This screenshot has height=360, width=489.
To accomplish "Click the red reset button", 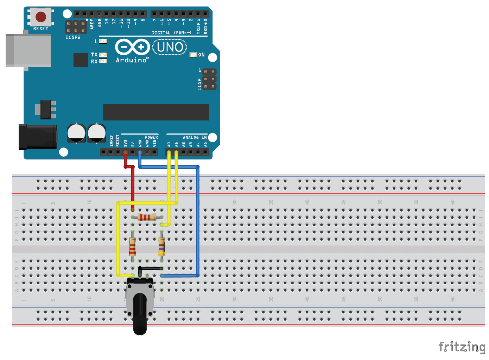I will click(41, 17).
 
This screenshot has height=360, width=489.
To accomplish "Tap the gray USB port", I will click(28, 50).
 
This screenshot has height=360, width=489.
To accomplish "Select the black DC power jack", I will click(38, 136).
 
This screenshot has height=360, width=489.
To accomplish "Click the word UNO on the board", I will click(170, 47).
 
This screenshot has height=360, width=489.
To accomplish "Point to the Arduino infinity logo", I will click(132, 47).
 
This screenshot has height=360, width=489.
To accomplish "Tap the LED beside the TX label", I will click(103, 55).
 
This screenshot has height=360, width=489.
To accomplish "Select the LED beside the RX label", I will click(103, 61).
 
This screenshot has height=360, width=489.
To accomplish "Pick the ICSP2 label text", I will click(73, 37).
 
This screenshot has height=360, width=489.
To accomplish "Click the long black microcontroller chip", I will click(156, 112).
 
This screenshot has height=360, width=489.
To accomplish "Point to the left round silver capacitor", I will click(76, 133).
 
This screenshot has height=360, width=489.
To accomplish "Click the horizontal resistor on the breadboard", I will click(147, 217).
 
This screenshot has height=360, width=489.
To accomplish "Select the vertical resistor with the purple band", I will click(161, 246).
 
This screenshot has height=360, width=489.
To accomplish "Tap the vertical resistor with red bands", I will click(133, 246).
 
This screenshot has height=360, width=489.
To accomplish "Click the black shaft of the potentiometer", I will click(140, 314).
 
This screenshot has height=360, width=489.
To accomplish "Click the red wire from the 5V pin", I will click(133, 187).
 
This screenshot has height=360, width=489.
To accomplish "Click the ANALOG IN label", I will click(195, 137).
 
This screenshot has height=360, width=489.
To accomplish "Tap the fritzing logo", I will click(462, 347).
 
